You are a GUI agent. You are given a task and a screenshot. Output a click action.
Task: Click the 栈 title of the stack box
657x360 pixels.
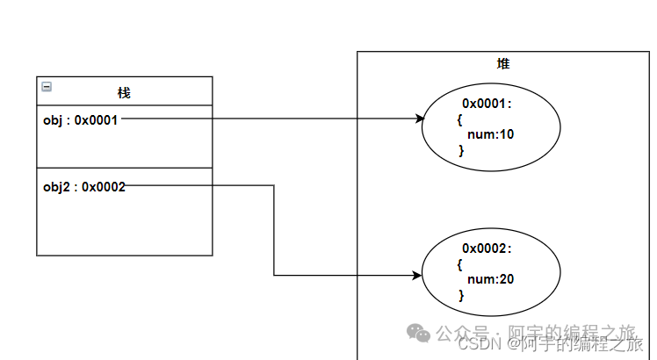[x=124, y=92]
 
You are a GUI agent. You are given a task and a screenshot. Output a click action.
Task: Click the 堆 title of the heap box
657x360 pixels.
[x=502, y=64]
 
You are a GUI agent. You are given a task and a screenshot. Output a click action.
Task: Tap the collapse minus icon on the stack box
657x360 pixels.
[x=47, y=87]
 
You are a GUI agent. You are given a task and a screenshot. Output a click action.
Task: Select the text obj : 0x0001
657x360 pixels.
[x=80, y=120]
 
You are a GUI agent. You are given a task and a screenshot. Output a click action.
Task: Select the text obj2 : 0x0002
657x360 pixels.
[x=84, y=186]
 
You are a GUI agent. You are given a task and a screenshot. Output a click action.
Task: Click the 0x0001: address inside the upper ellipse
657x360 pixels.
[x=487, y=104]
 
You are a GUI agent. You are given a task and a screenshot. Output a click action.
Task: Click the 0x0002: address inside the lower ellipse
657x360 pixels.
[x=487, y=248]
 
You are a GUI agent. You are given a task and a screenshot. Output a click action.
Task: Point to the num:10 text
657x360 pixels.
[x=490, y=135]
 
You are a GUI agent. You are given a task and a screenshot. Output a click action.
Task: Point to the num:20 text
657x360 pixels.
[x=490, y=279]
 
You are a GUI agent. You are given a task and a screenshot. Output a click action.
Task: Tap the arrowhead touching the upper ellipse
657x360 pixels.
[x=418, y=119]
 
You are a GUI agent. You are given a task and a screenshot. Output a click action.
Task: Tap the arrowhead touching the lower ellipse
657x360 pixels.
[x=417, y=276]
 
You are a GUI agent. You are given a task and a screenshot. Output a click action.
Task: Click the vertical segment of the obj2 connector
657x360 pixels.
[x=274, y=230]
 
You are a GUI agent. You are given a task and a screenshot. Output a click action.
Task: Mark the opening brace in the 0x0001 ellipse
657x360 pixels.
[x=460, y=119]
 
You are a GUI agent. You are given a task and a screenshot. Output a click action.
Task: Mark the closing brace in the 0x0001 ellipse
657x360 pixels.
[x=461, y=151]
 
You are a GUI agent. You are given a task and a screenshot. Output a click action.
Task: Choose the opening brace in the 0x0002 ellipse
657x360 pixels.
[x=460, y=264]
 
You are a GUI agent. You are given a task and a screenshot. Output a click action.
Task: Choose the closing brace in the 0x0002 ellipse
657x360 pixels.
[x=461, y=295]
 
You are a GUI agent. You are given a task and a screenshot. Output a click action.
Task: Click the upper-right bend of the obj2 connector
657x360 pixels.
[x=274, y=185]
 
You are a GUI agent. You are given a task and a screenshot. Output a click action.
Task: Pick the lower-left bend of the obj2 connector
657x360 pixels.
[x=274, y=276]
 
